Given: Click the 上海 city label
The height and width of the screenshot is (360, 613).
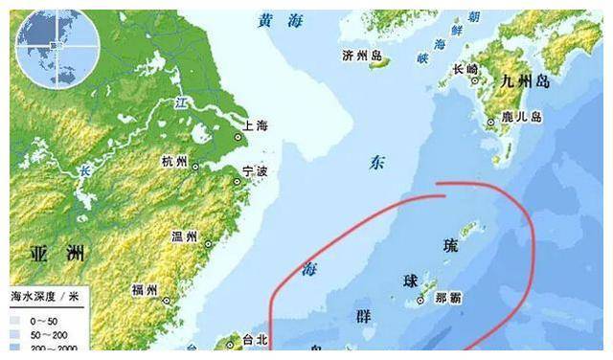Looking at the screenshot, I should (x=256, y=124).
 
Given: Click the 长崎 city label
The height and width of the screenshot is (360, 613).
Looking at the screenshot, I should (x=465, y=69).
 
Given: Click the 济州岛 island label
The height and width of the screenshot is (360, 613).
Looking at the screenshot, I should (x=359, y=56).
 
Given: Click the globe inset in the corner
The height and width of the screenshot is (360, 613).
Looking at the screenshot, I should (x=55, y=47).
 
